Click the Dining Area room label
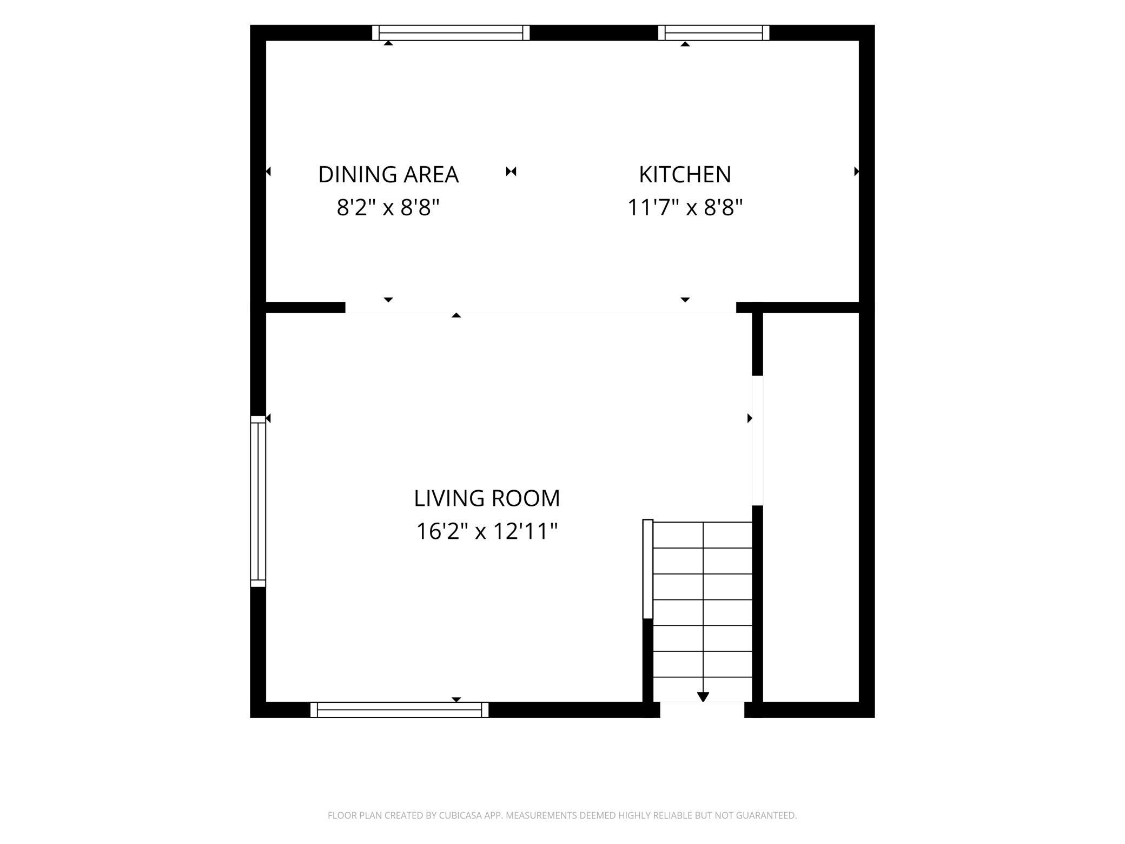pos(388,174)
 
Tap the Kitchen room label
pos(685,174)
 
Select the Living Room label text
pos(487,498)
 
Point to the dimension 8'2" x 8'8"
pos(388,207)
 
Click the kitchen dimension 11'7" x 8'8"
pos(685,207)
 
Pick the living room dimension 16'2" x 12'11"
pos(486,531)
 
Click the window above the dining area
pos(451,33)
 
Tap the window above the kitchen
pos(713,33)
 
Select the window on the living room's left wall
pos(258,501)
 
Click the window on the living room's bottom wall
pos(399,709)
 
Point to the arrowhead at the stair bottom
pos(703,697)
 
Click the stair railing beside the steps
pos(648,569)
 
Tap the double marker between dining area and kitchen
pos(511,172)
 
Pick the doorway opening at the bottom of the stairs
pos(702,710)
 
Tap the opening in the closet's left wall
pos(757,440)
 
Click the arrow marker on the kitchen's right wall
pos(856,172)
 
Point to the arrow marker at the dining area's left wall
pos(268,172)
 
